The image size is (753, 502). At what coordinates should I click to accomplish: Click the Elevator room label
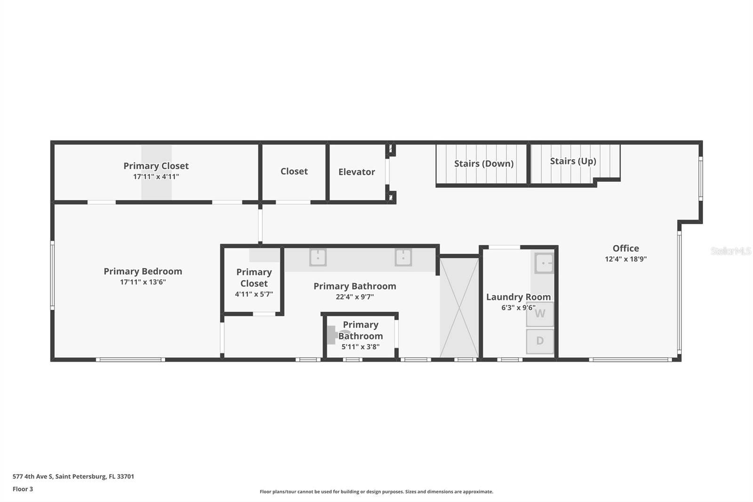(356, 172)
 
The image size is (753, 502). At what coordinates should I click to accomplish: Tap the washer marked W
(540, 314)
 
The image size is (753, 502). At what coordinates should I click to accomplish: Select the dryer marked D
(540, 341)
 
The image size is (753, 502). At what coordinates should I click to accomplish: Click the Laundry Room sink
(544, 263)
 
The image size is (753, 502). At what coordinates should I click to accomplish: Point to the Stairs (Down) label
(483, 164)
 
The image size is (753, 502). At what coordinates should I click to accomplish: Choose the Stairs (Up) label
(573, 161)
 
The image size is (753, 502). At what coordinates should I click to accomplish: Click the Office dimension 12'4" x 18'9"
(625, 259)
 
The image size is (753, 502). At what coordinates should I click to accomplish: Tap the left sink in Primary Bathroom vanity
(318, 258)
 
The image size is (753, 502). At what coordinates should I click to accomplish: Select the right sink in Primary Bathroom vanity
(403, 258)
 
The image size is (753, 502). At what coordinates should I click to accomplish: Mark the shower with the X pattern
(459, 307)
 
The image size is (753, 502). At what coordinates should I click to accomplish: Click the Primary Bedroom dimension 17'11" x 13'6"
(143, 282)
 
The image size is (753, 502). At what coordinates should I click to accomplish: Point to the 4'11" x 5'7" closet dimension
(254, 294)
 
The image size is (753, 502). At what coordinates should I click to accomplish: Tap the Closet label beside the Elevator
(294, 171)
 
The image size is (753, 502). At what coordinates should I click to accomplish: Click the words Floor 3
(23, 489)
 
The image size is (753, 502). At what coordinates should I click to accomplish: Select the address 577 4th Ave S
(73, 477)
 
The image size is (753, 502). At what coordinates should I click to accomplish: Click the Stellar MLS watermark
(730, 251)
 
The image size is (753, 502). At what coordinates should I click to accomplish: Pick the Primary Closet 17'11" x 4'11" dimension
(156, 177)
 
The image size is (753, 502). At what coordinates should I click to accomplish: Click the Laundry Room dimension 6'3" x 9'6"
(518, 308)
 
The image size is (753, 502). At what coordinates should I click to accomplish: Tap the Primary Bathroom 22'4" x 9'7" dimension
(355, 297)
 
